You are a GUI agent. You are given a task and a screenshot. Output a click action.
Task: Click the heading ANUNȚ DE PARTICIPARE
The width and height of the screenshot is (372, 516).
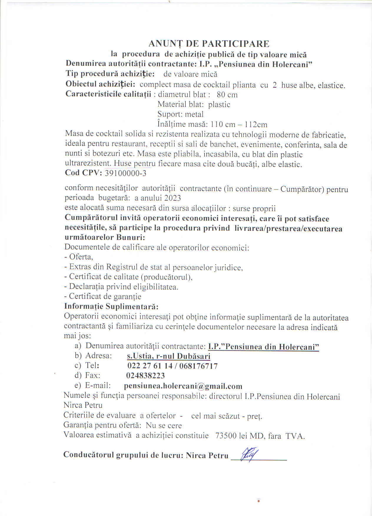click(x=209, y=44)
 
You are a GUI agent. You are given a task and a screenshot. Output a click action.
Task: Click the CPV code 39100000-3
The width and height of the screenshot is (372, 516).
click(x=126, y=173)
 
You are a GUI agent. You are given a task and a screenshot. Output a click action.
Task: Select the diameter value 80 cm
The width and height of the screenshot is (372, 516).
click(x=227, y=95)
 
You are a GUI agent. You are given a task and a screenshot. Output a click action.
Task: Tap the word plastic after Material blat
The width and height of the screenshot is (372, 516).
click(x=219, y=105)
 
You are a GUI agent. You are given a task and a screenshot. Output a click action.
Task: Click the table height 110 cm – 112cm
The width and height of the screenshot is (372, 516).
click(x=239, y=124)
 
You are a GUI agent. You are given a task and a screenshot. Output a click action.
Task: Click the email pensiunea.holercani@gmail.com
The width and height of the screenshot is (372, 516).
click(x=183, y=386)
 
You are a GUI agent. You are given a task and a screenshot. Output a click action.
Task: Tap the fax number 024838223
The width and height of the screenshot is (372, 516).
click(x=145, y=376)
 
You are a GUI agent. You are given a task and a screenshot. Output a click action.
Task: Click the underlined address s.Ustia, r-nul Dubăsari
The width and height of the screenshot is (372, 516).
click(x=169, y=356)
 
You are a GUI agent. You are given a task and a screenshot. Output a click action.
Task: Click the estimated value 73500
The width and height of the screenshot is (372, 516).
click(x=226, y=436)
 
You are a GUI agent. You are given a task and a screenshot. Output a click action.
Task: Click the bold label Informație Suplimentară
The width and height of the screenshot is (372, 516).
click(x=111, y=307)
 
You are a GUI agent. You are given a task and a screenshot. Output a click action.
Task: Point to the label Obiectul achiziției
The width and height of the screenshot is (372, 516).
click(x=100, y=84)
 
